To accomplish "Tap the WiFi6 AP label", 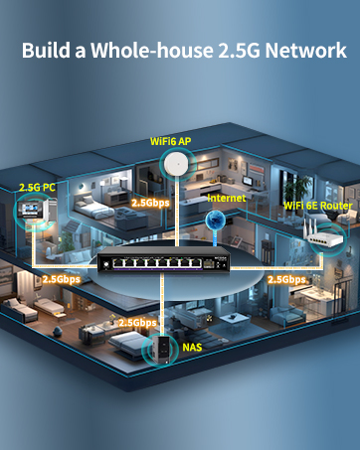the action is [170, 141].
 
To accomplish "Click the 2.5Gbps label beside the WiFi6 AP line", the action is [151, 202].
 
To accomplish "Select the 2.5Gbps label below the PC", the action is [61, 279].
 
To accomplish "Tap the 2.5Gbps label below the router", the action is [286, 279].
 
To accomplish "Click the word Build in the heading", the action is [46, 51].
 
